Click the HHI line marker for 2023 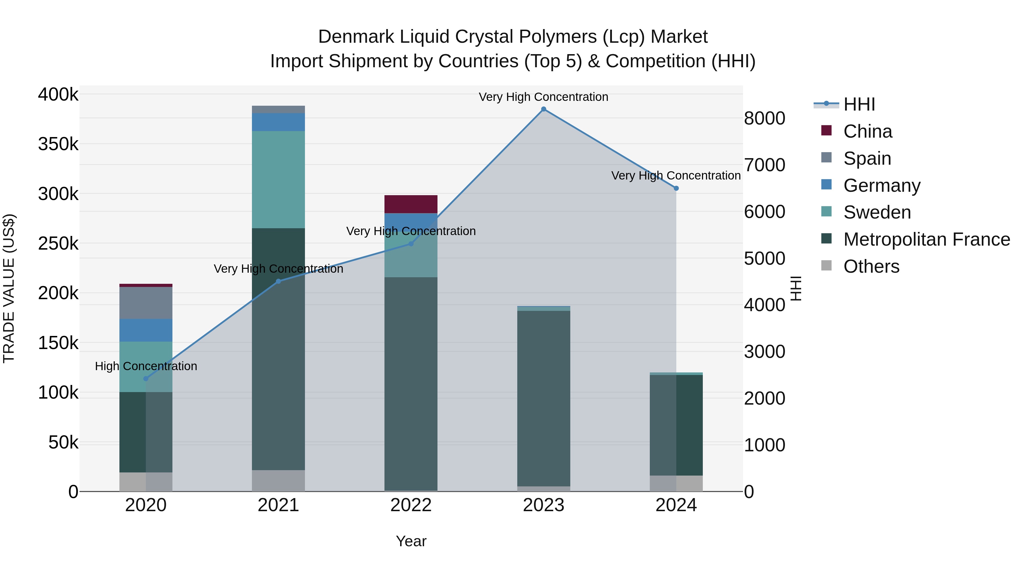543,109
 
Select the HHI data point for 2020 146,379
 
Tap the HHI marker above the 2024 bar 676,188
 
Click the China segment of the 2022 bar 411,204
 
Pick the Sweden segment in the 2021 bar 278,180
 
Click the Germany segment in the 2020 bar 146,330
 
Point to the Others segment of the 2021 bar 278,481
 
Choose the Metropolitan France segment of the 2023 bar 543,398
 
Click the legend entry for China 868,131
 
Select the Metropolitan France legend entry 927,239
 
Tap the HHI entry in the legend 859,104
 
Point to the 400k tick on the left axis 58,95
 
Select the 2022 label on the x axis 411,505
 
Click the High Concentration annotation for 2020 146,366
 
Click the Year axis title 411,541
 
